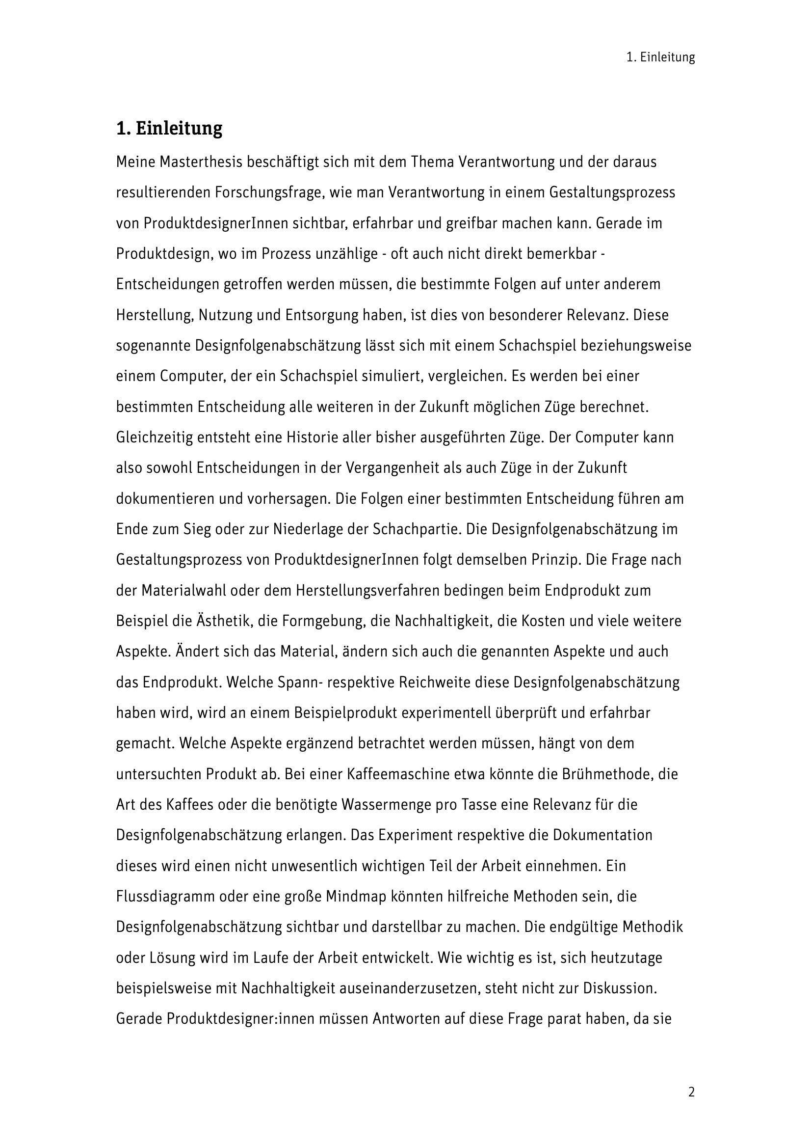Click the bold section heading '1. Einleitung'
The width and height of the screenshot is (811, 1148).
pyautogui.click(x=169, y=129)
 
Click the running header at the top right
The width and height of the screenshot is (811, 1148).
pyautogui.click(x=660, y=57)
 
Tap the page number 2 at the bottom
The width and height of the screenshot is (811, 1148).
pyautogui.click(x=691, y=1092)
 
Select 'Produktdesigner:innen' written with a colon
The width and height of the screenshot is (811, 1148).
pyautogui.click(x=221, y=1018)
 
